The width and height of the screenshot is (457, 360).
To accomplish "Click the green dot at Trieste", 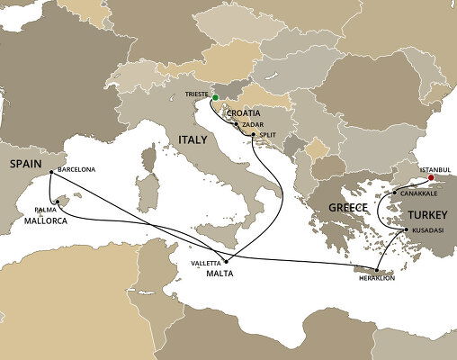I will click(215, 96).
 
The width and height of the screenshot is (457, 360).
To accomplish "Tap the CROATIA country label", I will click(244, 112).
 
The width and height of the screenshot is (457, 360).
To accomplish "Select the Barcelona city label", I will click(76, 168).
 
